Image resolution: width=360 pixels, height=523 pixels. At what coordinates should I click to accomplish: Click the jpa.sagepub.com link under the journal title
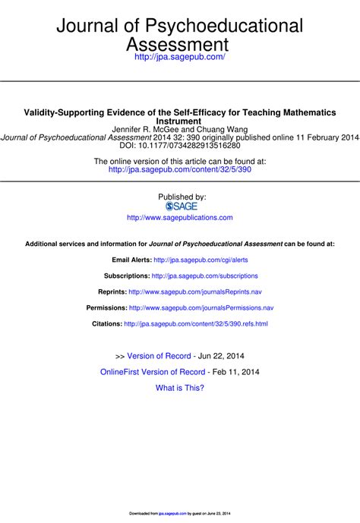179,57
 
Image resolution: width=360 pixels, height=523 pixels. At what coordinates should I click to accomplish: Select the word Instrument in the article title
178,121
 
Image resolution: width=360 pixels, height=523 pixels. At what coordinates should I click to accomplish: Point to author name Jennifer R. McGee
149,129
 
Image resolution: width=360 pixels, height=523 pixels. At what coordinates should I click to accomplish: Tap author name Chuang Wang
224,129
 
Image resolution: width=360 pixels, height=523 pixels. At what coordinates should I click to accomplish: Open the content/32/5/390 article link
179,170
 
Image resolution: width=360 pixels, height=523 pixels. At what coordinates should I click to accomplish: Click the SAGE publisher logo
180,206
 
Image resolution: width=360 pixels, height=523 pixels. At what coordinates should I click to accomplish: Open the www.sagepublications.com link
180,217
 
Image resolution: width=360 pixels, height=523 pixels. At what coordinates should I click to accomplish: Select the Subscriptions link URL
205,276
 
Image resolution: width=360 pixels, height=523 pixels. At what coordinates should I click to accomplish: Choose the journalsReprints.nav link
195,291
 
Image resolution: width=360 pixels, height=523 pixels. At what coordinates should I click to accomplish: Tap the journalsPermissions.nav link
201,308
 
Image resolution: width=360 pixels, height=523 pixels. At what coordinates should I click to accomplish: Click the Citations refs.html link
196,324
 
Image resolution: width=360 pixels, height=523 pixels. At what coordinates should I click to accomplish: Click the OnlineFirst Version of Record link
153,372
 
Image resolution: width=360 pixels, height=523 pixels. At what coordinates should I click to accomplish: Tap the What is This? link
180,388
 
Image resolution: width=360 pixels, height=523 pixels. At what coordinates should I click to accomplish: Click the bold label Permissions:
106,308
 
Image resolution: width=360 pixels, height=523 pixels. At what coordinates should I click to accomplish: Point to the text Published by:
180,197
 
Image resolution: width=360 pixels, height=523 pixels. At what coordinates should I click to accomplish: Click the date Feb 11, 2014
236,372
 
